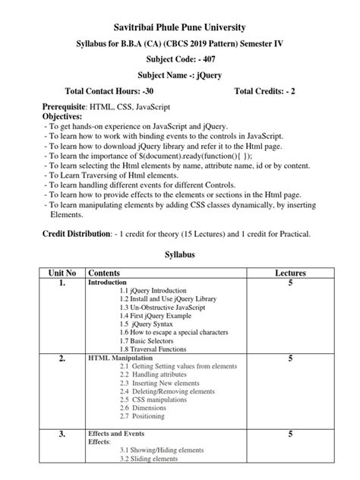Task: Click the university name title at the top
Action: pos(180,27)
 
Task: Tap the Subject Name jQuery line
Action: pos(180,77)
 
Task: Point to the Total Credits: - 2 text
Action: pos(269,92)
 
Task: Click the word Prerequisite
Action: pos(64,109)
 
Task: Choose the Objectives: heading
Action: pos(62,118)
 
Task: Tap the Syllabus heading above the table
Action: pos(180,255)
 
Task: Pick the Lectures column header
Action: pos(290,272)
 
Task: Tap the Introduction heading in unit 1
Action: pos(108,282)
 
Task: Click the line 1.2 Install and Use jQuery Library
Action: pos(167,298)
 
